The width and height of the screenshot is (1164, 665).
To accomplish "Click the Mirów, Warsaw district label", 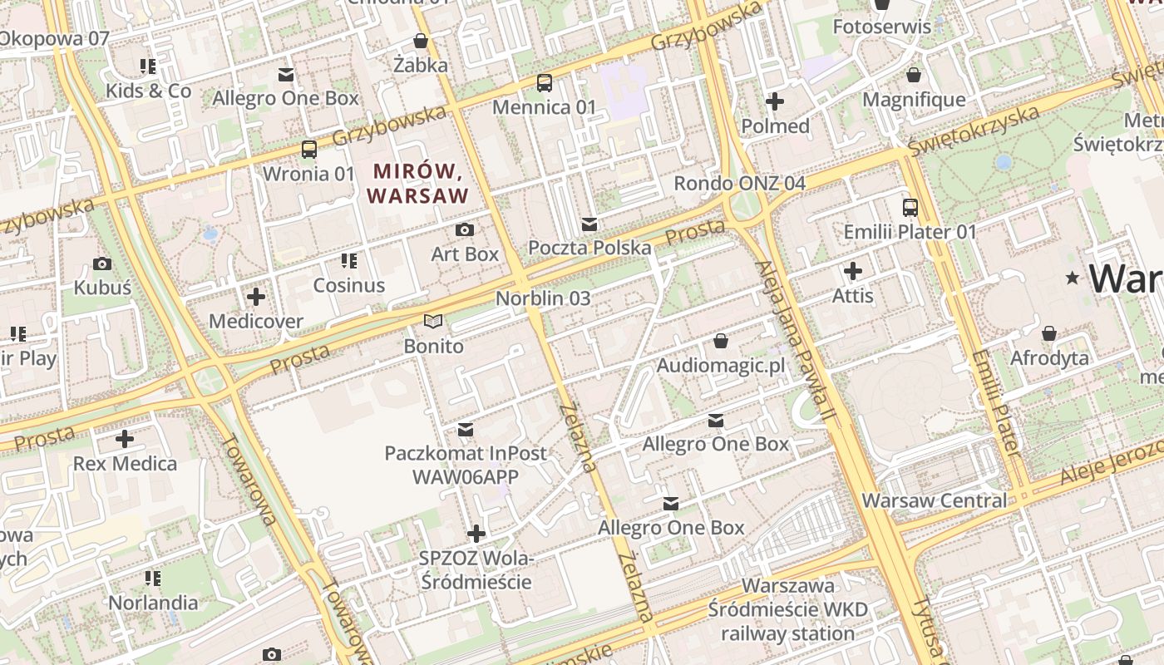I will [417, 184].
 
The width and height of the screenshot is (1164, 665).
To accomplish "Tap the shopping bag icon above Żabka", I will [421, 41].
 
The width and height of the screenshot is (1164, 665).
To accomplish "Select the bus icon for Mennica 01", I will [545, 82].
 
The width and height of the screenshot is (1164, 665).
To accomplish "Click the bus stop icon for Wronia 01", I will [309, 150].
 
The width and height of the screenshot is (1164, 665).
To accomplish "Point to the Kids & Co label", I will [148, 91].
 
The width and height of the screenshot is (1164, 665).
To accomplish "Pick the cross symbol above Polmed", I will [775, 101].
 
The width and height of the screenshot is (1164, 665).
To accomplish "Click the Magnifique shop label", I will [914, 100].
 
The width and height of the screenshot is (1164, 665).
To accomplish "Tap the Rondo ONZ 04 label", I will [739, 183].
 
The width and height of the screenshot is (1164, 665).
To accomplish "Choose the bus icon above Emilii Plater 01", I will [910, 207].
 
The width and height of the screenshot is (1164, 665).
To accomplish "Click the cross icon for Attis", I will [853, 271].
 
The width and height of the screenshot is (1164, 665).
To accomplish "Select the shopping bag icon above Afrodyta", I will [1049, 333].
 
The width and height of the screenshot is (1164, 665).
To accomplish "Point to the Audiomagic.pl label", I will [720, 366].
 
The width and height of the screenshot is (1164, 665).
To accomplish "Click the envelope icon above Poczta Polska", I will [589, 224].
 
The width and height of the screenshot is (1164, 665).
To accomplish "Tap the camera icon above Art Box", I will [465, 229].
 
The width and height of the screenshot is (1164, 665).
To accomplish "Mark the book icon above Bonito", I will [433, 321].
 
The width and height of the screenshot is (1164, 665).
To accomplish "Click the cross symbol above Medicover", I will [256, 296].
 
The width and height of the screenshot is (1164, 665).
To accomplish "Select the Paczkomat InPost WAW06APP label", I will [466, 465].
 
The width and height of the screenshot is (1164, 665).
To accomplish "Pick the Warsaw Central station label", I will [934, 500].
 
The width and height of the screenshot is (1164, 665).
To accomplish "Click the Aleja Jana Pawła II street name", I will [796, 344].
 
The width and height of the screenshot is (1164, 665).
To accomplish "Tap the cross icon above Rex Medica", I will [125, 438].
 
